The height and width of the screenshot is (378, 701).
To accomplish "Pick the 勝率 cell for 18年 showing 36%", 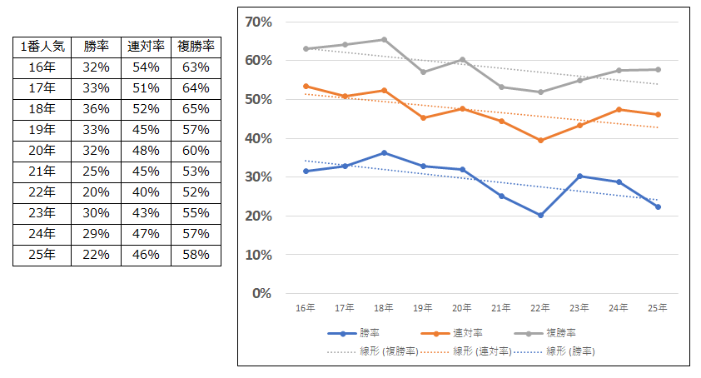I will click(x=96, y=109).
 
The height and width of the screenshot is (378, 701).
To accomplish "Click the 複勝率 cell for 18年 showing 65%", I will click(x=196, y=109).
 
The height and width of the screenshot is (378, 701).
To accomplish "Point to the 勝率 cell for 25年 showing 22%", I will click(x=96, y=255).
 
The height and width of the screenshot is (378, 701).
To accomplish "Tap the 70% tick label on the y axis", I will click(x=259, y=22).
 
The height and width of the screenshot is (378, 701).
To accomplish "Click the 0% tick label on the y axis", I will click(x=262, y=293).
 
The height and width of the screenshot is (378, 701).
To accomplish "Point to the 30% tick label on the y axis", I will click(x=259, y=177).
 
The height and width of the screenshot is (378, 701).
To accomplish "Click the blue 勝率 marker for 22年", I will click(x=540, y=215).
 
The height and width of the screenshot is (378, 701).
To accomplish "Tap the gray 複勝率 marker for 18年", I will click(x=384, y=39).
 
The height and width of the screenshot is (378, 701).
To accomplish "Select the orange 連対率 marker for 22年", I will click(x=540, y=140).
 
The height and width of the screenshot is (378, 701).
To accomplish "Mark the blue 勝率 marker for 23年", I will click(x=579, y=176).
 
